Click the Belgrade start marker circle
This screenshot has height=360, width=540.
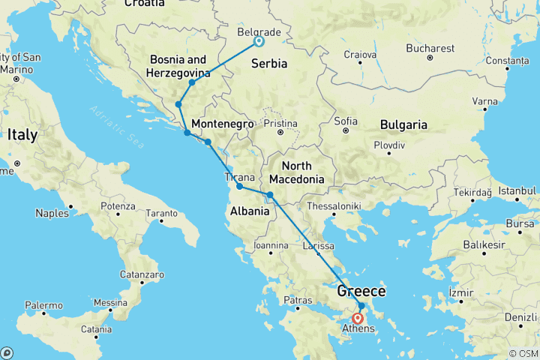(x=259, y=42)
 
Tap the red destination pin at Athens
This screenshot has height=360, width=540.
(x=358, y=318)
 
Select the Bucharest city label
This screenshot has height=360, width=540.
(x=430, y=48)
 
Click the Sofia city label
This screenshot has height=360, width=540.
(x=346, y=120)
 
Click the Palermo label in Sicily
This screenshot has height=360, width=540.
(x=43, y=305)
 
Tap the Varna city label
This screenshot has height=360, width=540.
(x=484, y=101)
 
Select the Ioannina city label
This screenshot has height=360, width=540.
(x=271, y=244)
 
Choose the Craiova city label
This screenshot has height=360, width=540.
(x=359, y=54)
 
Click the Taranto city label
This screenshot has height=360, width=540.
(x=161, y=214)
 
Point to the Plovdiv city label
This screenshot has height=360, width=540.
(x=390, y=142)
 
